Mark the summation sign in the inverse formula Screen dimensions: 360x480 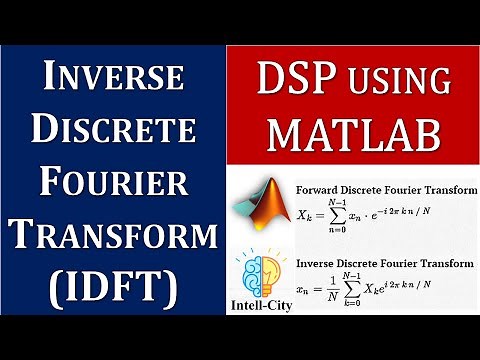click(364, 289)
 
